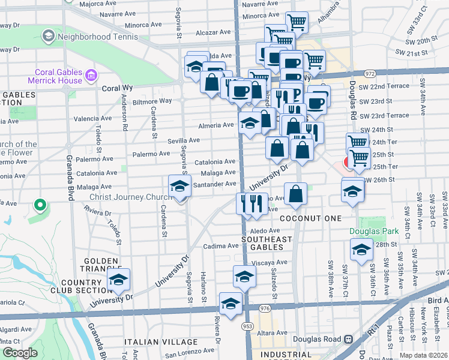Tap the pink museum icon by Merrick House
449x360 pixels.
coord(92,76)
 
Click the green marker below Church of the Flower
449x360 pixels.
coord(40,206)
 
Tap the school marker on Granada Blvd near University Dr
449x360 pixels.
coord(118,280)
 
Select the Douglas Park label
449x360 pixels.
coord(366,231)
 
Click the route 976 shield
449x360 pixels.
coord(265,308)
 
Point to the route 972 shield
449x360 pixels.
coord(370,74)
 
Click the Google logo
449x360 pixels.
coord(20,353)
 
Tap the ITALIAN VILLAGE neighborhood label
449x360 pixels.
coord(152,341)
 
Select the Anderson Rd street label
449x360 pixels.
coord(125,116)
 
